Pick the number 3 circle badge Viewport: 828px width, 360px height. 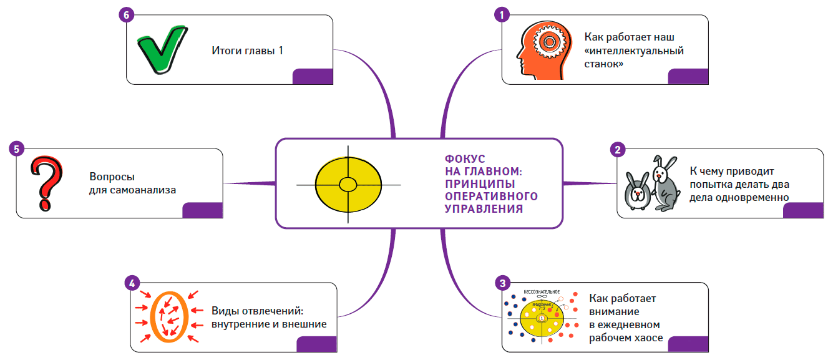tap(501, 283)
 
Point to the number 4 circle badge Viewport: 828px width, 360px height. tap(131, 283)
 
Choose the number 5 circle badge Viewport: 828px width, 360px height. tap(17, 149)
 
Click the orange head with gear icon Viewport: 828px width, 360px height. tap(538, 49)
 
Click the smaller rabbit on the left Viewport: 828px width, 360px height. tap(636, 191)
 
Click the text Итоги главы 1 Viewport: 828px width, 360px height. tap(247, 51)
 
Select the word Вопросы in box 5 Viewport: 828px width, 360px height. tap(112, 177)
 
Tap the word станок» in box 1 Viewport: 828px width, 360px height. tap(605, 63)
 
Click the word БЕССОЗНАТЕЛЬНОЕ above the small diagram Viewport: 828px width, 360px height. tap(541, 292)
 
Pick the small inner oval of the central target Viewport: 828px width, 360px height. tap(348, 184)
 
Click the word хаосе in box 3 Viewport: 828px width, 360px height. tap(649, 338)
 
